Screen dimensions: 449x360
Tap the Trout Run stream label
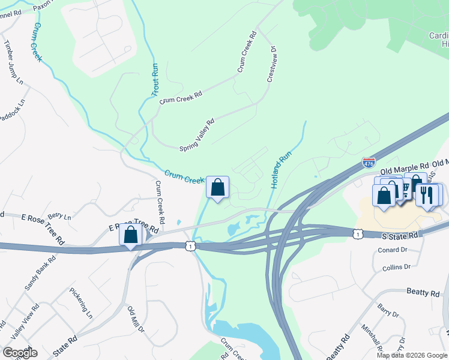click(x=154, y=80)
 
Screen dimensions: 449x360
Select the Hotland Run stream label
click(x=280, y=169)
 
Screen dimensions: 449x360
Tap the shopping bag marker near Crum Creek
click(x=217, y=187)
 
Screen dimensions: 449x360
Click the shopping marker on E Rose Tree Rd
click(x=130, y=235)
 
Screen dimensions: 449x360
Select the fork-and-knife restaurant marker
click(x=427, y=195)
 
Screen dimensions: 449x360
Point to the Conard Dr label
click(x=394, y=250)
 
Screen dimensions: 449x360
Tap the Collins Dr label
click(x=395, y=266)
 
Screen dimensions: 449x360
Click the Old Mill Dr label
click(x=136, y=319)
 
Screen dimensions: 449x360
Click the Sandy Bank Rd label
click(x=40, y=273)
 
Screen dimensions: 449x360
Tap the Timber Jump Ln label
click(x=13, y=62)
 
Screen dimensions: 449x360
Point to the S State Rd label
click(x=400, y=236)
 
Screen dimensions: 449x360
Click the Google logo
click(x=20, y=353)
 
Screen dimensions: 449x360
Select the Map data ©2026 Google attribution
click(x=411, y=355)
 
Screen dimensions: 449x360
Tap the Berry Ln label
click(x=59, y=215)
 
